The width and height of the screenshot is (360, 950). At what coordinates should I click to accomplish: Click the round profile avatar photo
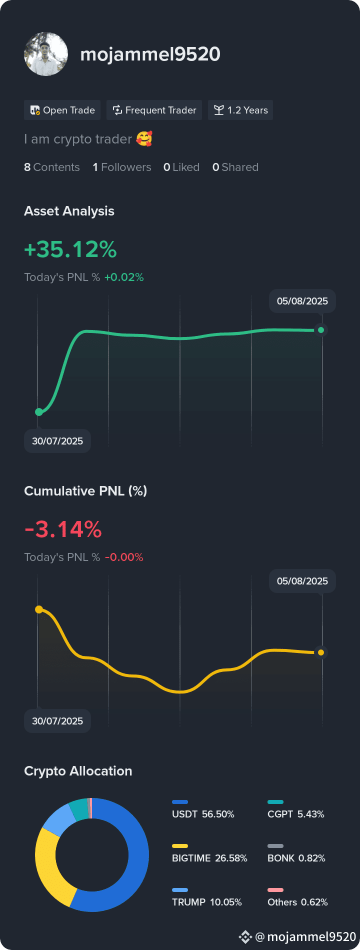coord(46,54)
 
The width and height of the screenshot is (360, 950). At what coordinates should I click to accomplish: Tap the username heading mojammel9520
coord(150,54)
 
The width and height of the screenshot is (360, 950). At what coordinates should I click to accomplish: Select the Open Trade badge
coord(62,110)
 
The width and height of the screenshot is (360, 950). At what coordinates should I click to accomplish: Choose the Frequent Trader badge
coord(154,110)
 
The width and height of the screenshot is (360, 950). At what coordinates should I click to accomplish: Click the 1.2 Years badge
coord(240,110)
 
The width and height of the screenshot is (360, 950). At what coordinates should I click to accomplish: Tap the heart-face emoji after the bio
coord(144,138)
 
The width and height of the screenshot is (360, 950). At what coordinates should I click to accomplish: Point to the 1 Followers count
coord(122,167)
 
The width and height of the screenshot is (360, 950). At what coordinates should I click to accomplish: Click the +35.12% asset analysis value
coord(70,249)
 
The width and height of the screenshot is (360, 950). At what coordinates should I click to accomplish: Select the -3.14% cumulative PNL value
coord(63,529)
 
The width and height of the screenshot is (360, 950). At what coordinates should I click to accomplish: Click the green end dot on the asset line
coord(321,330)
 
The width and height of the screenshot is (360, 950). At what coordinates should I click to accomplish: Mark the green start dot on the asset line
coord(39,412)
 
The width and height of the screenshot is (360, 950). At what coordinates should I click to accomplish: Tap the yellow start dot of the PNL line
coord(39,609)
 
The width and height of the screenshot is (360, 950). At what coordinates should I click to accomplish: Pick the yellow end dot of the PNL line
coord(321,652)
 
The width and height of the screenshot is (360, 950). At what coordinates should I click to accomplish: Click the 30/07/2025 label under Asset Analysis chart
coord(57,441)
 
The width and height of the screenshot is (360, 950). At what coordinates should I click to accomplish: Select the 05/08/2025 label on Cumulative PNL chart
coord(302,581)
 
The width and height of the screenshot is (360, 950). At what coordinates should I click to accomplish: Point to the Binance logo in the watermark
coord(245,936)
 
